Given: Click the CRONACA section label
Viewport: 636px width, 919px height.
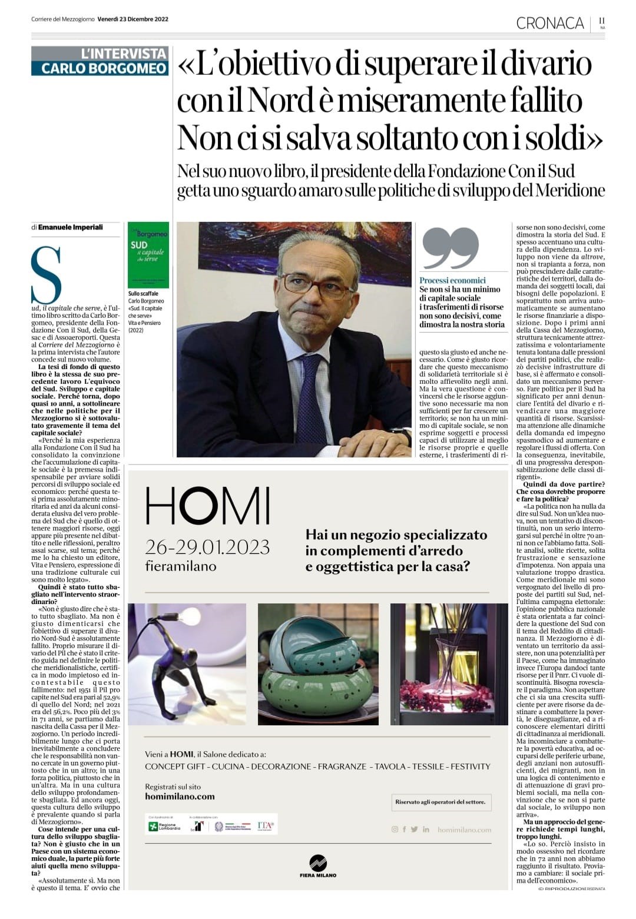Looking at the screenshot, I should [x=549, y=23].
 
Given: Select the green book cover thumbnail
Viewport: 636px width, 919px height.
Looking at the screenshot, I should [x=148, y=254].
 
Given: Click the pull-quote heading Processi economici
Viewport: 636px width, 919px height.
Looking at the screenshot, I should [x=452, y=280].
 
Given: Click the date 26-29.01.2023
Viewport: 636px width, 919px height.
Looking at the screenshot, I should [x=207, y=547].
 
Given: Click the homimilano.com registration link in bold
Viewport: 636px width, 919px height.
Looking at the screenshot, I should [x=180, y=796].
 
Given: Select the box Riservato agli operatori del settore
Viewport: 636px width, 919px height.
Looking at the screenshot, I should [x=440, y=802].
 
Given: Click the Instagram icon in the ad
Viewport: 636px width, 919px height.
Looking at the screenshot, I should [x=395, y=830].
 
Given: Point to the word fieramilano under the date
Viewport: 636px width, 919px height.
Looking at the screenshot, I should [x=180, y=566].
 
